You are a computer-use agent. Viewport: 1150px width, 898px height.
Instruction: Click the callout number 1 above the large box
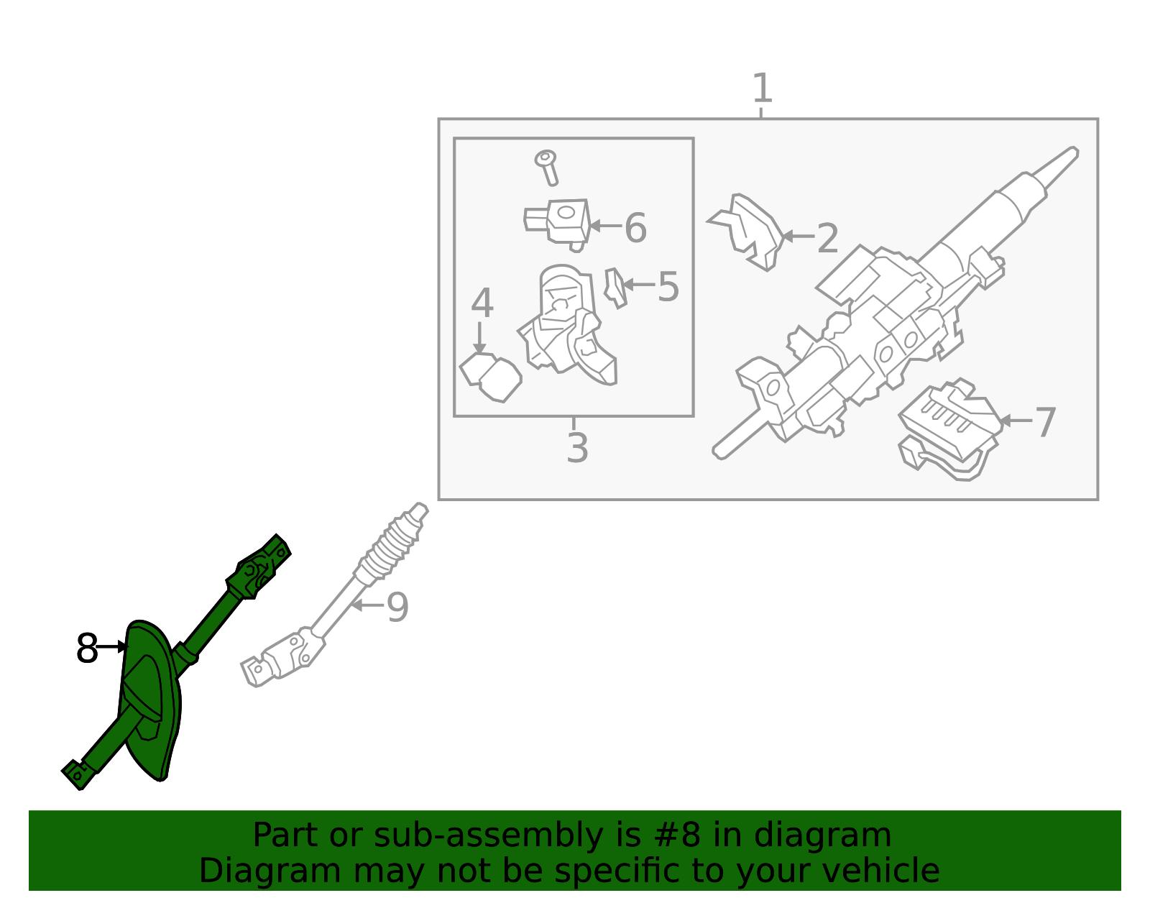762,88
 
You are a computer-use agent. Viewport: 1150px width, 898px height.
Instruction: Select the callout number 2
828,238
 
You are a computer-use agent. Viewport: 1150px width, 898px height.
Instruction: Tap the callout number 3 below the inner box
577,448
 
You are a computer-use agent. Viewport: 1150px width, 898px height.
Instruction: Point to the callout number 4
482,303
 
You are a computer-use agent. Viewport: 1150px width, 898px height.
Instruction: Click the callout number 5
668,287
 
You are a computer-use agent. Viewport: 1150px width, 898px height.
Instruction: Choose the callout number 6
635,228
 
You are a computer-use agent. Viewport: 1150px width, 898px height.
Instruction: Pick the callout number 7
1044,422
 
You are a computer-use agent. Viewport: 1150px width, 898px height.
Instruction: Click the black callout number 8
87,648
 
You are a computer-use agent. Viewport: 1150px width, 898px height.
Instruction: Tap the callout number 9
397,607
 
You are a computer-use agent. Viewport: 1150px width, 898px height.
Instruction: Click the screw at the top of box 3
547,168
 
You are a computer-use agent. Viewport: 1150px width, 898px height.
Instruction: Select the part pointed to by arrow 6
558,225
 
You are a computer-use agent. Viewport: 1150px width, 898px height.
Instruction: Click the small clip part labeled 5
616,288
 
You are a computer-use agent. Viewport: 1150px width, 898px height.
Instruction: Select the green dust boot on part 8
149,699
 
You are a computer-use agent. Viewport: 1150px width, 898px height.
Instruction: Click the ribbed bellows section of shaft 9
389,548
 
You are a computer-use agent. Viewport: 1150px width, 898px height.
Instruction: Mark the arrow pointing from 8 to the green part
112,646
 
